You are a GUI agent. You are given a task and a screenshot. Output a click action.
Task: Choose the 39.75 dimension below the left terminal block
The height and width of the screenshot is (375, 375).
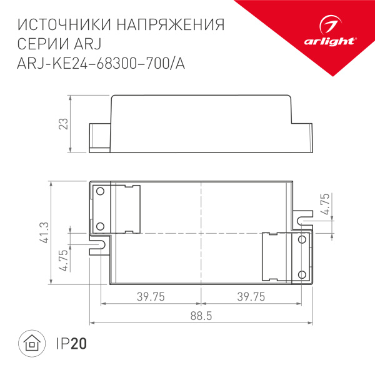click(x=151, y=297)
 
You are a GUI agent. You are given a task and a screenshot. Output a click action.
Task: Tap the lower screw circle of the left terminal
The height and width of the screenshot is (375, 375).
click(x=99, y=226)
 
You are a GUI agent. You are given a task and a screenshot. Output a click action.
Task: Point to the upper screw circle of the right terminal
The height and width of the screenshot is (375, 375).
click(x=302, y=240)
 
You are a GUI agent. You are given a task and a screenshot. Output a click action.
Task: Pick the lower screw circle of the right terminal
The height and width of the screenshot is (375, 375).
click(x=302, y=274)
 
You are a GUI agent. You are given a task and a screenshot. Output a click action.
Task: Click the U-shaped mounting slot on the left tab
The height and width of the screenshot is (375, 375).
click(x=98, y=242)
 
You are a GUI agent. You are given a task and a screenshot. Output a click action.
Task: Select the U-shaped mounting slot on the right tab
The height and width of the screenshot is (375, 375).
click(x=302, y=219)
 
